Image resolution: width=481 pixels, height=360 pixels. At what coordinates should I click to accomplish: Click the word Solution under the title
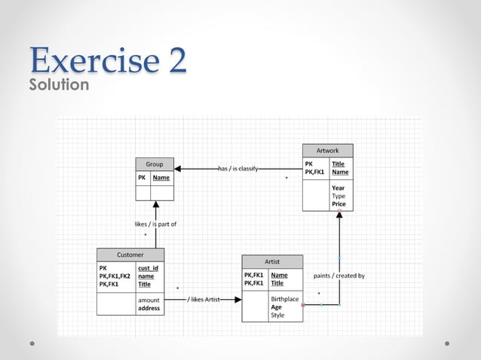59,85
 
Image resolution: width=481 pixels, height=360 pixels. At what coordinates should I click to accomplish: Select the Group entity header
155,164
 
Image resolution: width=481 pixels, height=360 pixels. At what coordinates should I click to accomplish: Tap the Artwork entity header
327,151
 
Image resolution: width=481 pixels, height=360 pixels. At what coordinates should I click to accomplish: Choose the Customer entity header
130,255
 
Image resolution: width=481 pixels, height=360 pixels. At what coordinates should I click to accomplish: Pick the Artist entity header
272,261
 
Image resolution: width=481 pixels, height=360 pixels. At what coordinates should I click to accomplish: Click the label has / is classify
238,169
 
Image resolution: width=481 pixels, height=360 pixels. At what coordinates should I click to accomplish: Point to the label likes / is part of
156,224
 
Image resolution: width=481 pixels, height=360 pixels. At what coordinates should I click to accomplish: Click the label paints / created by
339,276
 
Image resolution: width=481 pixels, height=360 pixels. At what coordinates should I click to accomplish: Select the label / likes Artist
204,300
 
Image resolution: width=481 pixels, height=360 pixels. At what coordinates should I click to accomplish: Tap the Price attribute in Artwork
339,204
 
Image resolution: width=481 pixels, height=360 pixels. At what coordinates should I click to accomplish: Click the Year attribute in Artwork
338,188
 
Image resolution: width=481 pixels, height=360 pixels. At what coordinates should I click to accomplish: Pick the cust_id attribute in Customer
148,268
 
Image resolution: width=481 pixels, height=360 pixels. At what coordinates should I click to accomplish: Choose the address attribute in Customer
149,308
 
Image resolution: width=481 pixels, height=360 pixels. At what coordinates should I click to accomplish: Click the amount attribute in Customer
149,300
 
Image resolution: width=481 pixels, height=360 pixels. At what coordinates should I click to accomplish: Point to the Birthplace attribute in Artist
285,299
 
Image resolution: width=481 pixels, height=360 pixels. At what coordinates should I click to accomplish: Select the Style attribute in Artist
277,316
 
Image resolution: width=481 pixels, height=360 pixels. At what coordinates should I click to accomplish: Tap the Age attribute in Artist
277,307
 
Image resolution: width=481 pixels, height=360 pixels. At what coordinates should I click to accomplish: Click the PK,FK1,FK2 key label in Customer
115,276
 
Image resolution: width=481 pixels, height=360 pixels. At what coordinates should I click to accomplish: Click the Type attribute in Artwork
339,196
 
